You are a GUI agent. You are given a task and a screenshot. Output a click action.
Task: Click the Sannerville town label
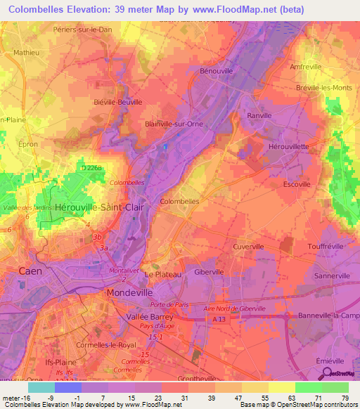click(334, 275)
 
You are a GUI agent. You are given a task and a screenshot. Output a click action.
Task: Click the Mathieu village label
click(27, 52)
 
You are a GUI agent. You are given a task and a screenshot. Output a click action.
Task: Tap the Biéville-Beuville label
click(117, 102)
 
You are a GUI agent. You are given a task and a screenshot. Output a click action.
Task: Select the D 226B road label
click(91, 169)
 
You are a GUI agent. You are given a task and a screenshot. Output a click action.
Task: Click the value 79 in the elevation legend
click(345, 398)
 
